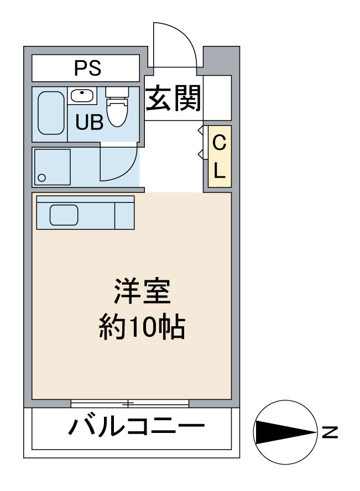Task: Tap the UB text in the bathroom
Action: pos(89,122)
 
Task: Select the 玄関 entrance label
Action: pos(173,98)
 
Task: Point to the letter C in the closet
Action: pos(220,144)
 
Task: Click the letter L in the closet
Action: pos(220,171)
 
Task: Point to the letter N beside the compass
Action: pos(330,431)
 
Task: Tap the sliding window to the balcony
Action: pos(130,403)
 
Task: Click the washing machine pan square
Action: pos(52,166)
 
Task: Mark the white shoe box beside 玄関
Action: pos(217,97)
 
